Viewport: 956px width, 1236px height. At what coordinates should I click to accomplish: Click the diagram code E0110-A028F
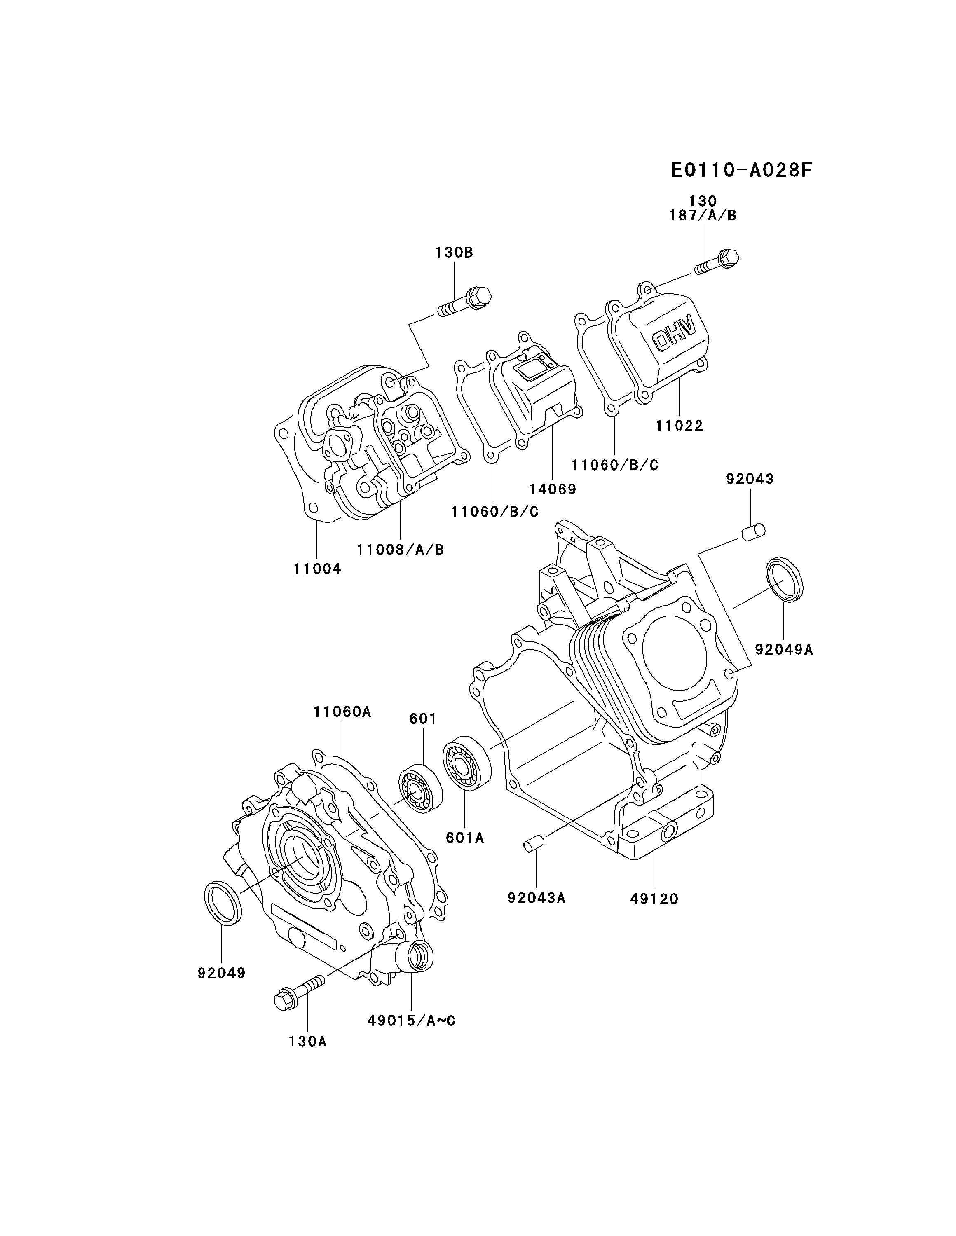(741, 170)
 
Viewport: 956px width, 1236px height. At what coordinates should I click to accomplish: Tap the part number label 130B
(454, 253)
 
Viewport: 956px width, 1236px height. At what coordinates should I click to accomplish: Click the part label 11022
(679, 425)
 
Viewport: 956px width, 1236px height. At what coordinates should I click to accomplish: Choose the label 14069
(553, 488)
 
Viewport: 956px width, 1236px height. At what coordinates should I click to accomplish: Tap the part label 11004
(318, 569)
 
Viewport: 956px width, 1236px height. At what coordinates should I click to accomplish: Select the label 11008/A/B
(400, 549)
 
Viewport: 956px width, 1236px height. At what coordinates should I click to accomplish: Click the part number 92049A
(784, 649)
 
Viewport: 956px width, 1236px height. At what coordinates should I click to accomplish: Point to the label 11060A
(342, 712)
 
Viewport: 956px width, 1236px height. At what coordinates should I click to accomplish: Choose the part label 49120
(654, 898)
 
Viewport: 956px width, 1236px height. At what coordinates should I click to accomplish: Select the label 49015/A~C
(412, 1021)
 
